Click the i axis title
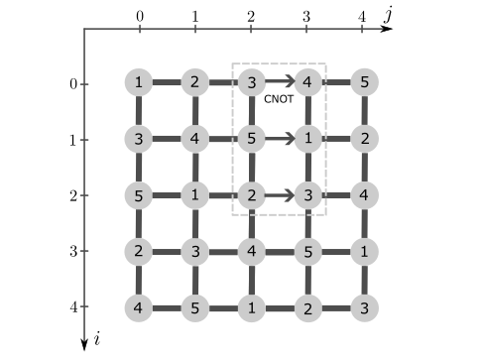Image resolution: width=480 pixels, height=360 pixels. (x=98, y=339)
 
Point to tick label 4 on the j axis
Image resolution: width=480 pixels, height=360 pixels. (x=362, y=15)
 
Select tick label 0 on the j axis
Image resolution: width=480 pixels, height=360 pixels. (x=140, y=15)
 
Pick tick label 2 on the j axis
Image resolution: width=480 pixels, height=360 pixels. (x=251, y=15)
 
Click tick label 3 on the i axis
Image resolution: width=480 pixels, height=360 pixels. (x=72, y=252)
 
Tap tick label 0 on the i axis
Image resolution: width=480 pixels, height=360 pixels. (x=72, y=84)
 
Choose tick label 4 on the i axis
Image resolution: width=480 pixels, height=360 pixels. (x=72, y=307)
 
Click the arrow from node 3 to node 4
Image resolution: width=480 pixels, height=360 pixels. (x=281, y=82)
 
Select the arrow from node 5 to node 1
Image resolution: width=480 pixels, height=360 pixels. (x=281, y=139)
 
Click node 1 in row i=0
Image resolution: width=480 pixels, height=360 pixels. (x=140, y=82)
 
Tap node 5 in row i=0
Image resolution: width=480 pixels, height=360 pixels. (x=365, y=82)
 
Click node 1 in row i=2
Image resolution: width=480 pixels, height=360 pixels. (x=196, y=195)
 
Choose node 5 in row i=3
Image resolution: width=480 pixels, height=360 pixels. (x=308, y=252)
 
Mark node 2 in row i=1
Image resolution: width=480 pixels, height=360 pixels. (x=365, y=139)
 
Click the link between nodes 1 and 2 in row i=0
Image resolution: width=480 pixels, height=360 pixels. (x=168, y=82)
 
